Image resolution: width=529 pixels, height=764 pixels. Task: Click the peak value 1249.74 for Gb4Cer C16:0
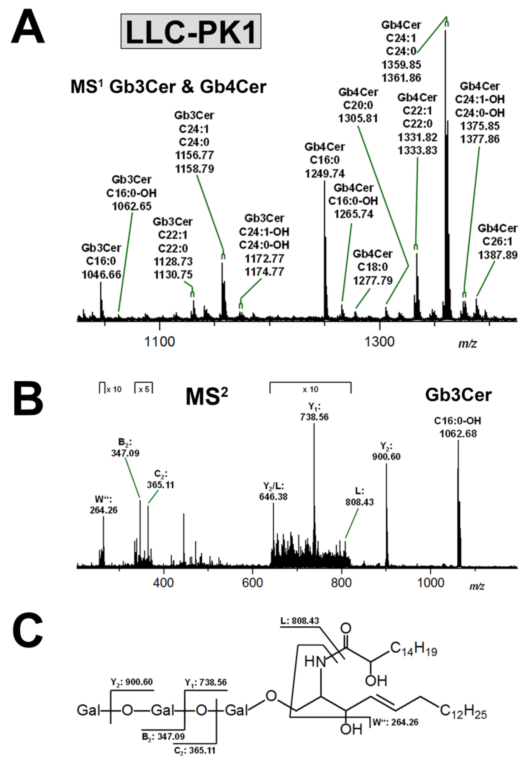pyautogui.click(x=325, y=174)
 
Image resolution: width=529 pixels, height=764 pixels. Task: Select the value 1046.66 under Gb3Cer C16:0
pyautogui.click(x=101, y=275)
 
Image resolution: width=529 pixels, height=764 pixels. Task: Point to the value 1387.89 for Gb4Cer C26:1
pyautogui.click(x=498, y=255)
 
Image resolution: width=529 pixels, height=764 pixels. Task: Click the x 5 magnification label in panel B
pyautogui.click(x=144, y=389)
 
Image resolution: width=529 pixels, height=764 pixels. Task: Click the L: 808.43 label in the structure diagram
pyautogui.click(x=300, y=621)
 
